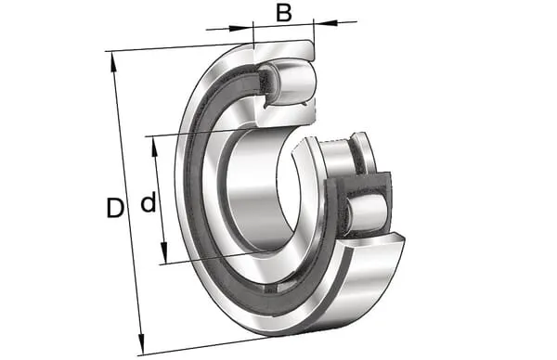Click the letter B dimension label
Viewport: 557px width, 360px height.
(x=284, y=13)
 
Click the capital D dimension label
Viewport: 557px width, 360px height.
(x=115, y=208)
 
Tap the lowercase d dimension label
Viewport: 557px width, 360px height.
(x=149, y=201)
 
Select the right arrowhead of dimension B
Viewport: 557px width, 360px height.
(x=325, y=22)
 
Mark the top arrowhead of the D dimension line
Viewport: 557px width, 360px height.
(x=113, y=63)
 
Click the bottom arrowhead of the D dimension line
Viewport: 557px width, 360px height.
(x=141, y=342)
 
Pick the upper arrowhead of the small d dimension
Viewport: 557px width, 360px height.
(x=154, y=148)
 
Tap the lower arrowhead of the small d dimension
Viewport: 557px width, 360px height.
(x=163, y=252)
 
